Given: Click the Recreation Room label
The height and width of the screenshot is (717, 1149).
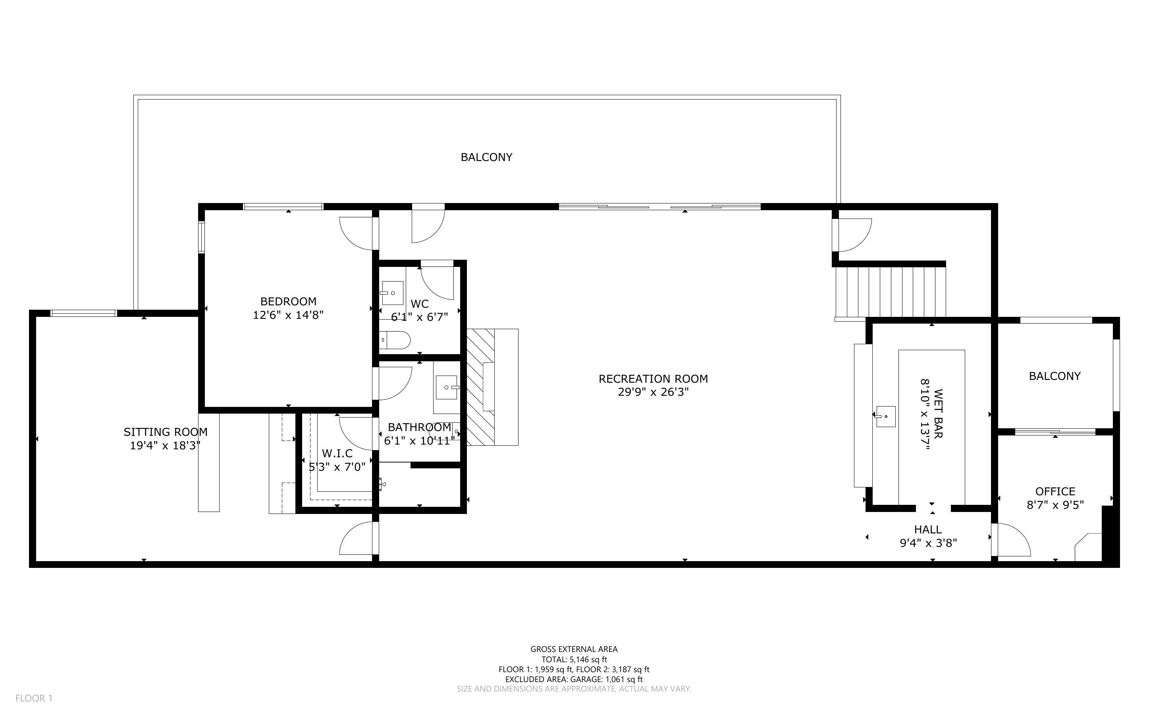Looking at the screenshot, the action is coord(653,379).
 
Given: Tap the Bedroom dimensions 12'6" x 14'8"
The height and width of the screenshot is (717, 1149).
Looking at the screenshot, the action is coord(288,315).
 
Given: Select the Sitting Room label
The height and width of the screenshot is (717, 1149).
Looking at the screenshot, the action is coord(166,432).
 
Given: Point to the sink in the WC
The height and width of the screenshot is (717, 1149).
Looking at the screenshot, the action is coord(393,293).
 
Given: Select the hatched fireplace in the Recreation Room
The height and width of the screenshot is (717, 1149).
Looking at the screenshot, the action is coord(493,387).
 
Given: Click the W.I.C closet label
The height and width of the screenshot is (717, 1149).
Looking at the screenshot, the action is coord(337,453).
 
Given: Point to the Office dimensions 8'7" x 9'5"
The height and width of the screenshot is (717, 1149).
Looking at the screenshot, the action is coord(1056,505).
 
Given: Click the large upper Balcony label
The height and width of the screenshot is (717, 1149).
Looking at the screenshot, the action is coord(486,157).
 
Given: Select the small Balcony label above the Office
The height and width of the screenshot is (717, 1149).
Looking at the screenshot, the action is coord(1055,376).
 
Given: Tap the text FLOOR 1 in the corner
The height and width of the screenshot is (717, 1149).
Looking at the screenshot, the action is coord(34,698).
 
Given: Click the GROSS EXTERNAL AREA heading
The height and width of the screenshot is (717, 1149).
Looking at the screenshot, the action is coord(574,649).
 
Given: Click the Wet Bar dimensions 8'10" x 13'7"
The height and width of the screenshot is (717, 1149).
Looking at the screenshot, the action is coord(925,415).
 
